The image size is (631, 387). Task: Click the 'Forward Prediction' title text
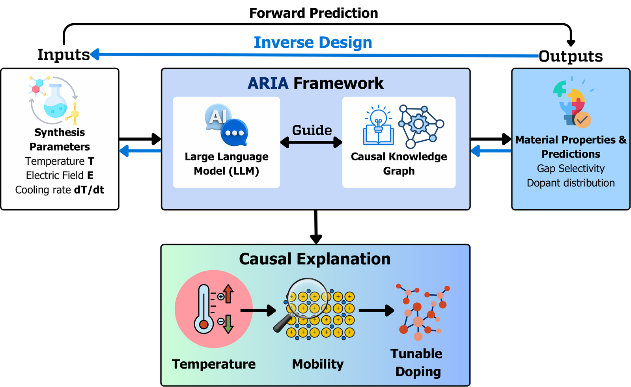coord(314,13)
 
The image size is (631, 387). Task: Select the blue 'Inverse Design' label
coord(313,43)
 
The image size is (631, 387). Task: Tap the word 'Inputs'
coord(63,54)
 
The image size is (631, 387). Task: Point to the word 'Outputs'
coord(571,56)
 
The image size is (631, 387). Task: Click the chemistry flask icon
coord(54,100)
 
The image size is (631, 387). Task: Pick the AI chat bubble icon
coord(226,125)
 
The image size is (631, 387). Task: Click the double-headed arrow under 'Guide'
coord(311,142)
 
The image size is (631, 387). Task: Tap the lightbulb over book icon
coord(378,125)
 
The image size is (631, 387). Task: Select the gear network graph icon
coord(421,127)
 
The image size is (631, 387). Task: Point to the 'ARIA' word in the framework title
coord(268,83)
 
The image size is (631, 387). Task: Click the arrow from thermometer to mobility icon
coord(258,311)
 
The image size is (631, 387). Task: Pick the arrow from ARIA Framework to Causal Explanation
coord(316,227)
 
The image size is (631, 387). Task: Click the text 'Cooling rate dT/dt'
coord(60,190)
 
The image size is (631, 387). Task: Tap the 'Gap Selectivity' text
coord(571,168)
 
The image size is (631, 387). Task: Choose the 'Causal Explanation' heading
coord(315,259)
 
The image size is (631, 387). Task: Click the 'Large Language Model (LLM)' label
coord(226,164)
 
